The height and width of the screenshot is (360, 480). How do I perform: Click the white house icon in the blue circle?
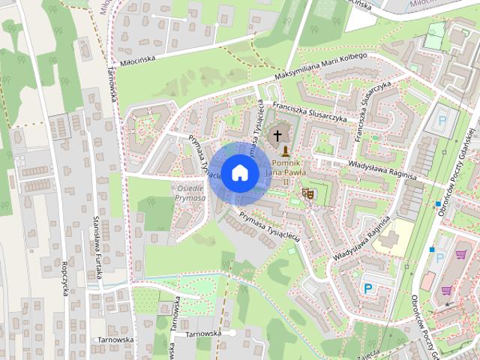[239, 172]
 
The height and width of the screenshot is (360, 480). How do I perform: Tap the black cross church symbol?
[278, 136]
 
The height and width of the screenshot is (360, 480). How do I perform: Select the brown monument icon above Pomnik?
[285, 151]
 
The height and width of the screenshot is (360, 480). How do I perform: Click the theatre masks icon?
[307, 194]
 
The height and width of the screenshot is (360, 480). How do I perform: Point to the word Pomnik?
[286, 163]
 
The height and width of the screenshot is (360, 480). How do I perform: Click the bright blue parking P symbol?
[367, 288]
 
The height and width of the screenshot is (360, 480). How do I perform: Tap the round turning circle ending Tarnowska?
[233, 332]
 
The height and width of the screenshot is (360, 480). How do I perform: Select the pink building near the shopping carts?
[427, 282]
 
